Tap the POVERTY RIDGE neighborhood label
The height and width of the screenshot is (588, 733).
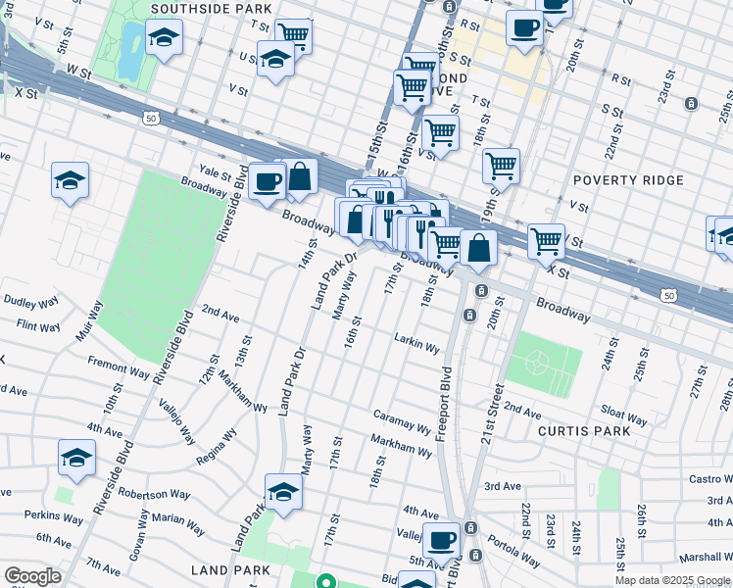coord(621,180)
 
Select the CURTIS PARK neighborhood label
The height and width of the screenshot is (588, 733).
coord(582,430)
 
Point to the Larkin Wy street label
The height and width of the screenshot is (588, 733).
coord(416,342)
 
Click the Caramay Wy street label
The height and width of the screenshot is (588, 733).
coord(402,422)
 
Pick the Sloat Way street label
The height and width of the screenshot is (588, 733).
coord(623,416)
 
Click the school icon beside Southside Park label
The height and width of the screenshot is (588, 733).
coord(164,39)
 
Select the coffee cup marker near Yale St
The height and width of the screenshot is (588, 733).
coord(267,181)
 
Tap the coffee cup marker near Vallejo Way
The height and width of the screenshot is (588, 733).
coord(442,539)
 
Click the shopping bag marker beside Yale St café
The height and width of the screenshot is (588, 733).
coord(300,176)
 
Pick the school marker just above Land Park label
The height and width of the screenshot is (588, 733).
coord(283,491)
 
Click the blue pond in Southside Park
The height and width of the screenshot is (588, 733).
coord(128,49)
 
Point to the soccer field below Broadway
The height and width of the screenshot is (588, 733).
coord(537,363)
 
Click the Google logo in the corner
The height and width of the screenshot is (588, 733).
coord(32,576)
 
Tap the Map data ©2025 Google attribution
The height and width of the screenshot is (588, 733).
coord(672,580)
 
